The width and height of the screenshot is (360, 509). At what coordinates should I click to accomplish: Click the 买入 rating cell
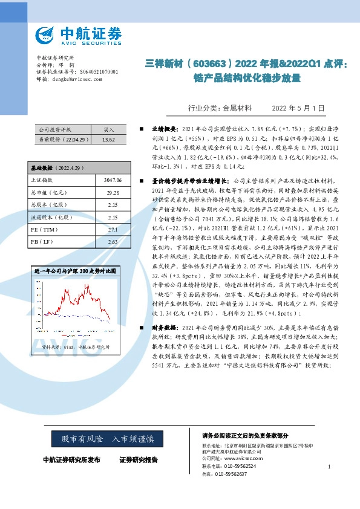(109, 129)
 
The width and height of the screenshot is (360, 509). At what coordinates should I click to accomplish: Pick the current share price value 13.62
(109, 139)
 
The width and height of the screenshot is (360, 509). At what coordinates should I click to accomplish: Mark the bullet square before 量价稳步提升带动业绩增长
(142, 180)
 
